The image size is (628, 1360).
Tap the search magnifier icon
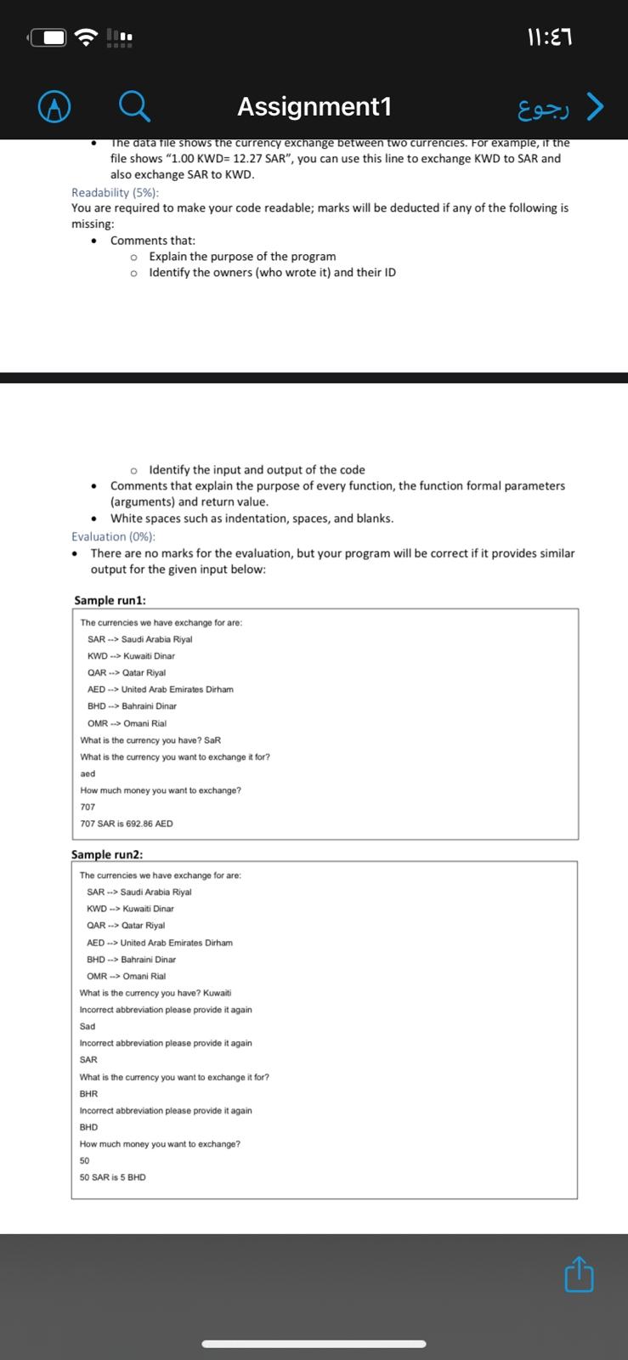coord(135,107)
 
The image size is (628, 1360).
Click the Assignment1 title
coord(314,106)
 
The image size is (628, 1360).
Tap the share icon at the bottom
coord(579,1275)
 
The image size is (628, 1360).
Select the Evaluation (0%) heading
coord(113,536)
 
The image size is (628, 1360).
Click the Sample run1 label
coord(110,600)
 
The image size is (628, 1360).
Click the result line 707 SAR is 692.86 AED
coord(127,824)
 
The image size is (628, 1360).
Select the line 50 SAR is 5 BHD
coord(112,1177)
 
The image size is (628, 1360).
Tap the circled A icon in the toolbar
coord(54,107)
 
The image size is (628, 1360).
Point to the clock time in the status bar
coord(556,37)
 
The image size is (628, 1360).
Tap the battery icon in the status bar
coord(48,37)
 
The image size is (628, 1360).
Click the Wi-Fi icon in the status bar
coord(86,37)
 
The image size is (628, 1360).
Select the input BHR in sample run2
coord(88,1094)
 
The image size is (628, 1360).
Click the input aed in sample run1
coord(88,773)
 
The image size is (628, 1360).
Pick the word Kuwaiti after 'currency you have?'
coord(218,993)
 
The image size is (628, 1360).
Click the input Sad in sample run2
coord(88,1026)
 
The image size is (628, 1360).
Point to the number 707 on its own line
coord(88,807)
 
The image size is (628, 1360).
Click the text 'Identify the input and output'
coord(257,470)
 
